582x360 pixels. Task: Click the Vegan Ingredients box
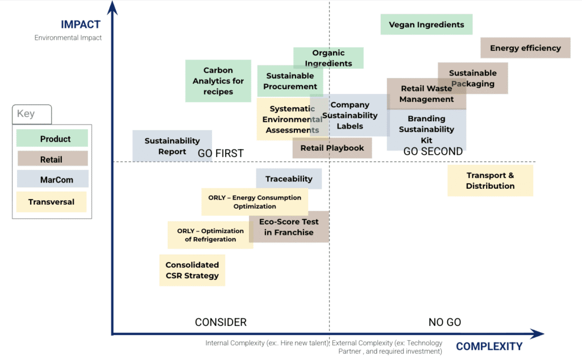[426, 24]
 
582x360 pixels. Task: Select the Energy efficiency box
[525, 48]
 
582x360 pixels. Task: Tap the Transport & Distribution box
[490, 180]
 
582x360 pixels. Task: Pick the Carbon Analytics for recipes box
[218, 81]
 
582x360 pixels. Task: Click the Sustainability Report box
[172, 146]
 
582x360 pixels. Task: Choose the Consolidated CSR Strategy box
[192, 270]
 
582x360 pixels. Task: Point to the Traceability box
[289, 179]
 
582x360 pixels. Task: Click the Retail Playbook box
[332, 148]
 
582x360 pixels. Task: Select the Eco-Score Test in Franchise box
[289, 227]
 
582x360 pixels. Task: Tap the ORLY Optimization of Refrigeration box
[210, 235]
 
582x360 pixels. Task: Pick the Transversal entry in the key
[51, 202]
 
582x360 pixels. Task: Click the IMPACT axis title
[81, 24]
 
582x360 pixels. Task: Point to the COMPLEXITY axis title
[489, 346]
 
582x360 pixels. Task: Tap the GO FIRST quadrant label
[221, 153]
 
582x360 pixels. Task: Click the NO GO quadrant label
[444, 322]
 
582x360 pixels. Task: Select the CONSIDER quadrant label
[221, 322]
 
